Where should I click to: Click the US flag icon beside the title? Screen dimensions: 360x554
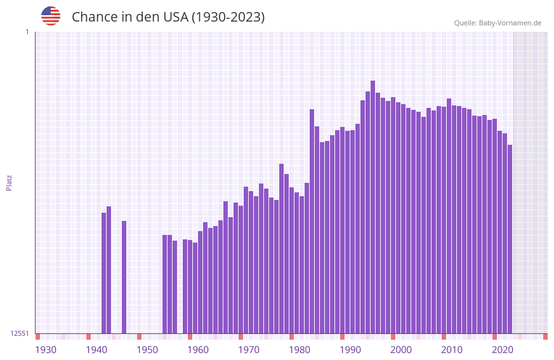[51, 16]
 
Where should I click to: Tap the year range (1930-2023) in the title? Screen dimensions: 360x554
[228, 17]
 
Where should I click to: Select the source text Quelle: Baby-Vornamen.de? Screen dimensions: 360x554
[498, 23]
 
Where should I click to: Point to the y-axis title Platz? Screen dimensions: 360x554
[9, 182]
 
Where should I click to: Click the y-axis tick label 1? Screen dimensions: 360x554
[27, 32]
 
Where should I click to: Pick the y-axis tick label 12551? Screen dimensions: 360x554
[20, 333]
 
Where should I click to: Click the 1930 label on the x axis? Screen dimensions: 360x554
[46, 350]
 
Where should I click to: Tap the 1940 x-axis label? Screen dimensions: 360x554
[96, 350]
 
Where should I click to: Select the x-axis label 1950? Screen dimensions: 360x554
[147, 350]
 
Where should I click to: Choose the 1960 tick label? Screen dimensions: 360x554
[198, 350]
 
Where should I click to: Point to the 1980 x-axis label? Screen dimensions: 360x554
[300, 350]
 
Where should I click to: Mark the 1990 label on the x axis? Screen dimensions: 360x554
[350, 350]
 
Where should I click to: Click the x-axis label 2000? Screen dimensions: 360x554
[401, 350]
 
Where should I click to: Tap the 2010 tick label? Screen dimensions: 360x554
[452, 350]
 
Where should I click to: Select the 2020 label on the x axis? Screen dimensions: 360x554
[503, 350]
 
